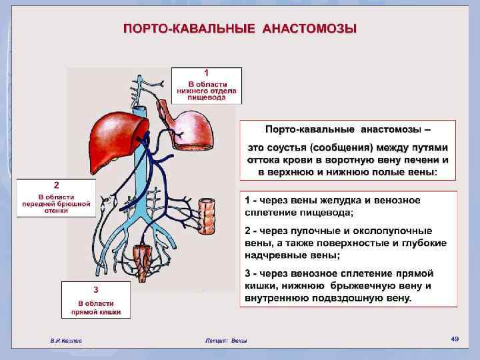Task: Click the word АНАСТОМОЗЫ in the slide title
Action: pos(310,29)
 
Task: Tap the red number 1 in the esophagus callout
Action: pos(207,71)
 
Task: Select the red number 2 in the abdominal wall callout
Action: pos(57,184)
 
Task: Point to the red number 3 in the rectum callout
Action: pos(96,289)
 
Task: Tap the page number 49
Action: pos(455,339)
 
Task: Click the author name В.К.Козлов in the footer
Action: pos(67,341)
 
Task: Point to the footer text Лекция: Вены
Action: pos(227,341)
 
